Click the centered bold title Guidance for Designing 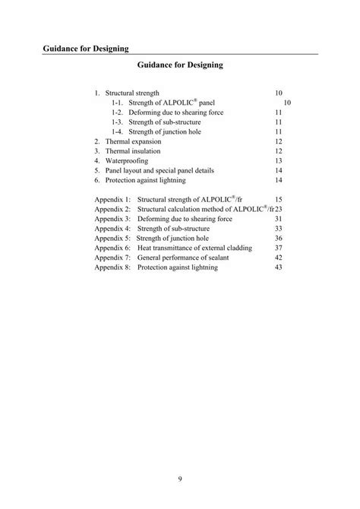180,66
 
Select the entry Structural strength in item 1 132,92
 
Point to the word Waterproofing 127,161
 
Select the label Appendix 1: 113,198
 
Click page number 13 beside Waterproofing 278,161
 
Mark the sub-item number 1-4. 117,131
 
